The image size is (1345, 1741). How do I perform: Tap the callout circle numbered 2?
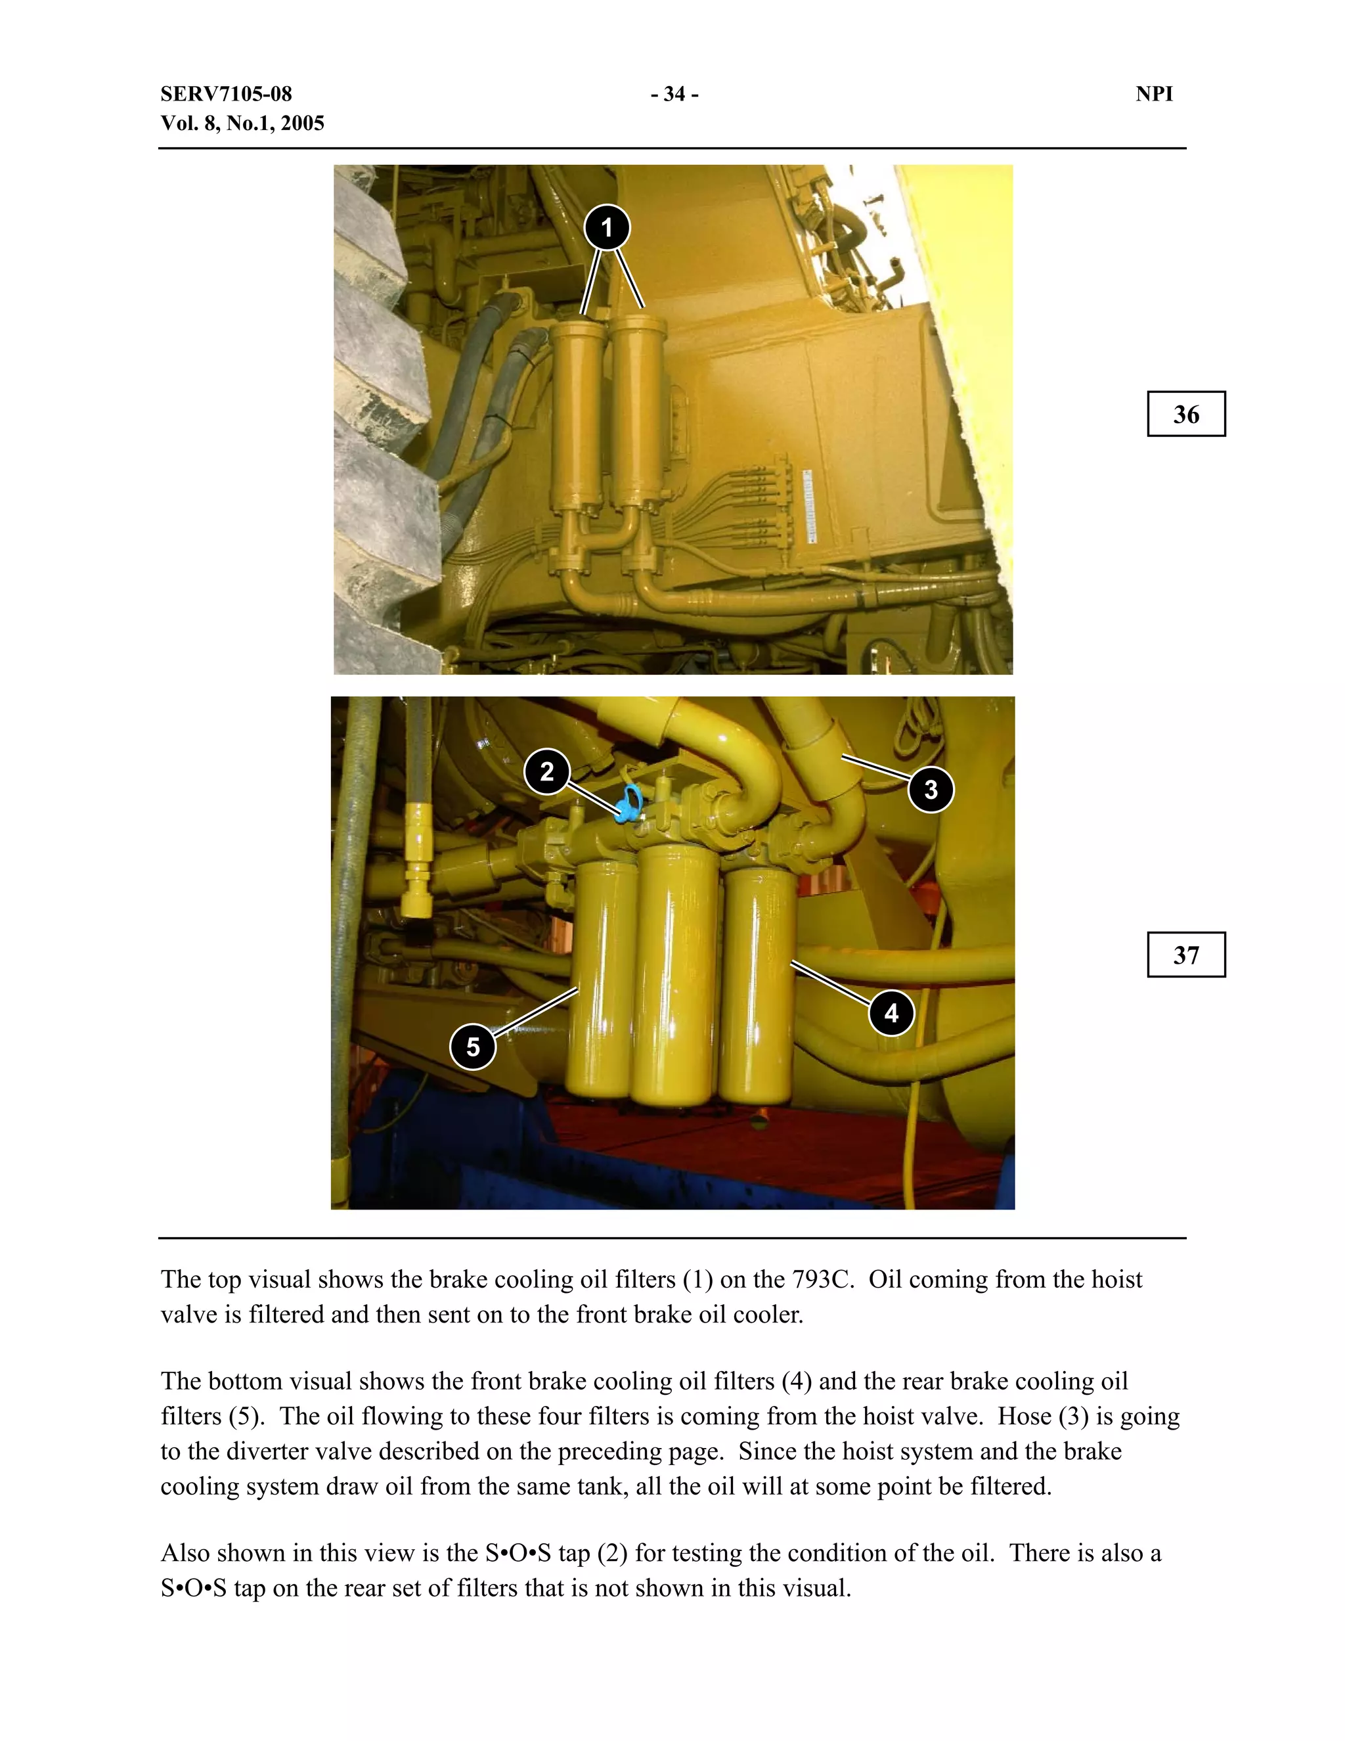pos(546,772)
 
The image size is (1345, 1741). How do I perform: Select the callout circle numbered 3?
pos(931,790)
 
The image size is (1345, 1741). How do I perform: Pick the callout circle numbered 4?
pos(891,1012)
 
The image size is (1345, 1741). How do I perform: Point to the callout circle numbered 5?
pos(474,1047)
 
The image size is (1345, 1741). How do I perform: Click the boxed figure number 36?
pos(1185,415)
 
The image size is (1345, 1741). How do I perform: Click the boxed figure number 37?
pos(1185,955)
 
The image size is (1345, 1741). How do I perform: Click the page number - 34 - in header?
pos(674,94)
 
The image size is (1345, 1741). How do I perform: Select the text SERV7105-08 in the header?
pos(227,94)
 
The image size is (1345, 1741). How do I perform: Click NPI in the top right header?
pos(1154,94)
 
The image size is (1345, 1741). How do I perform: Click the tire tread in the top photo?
pos(374,415)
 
